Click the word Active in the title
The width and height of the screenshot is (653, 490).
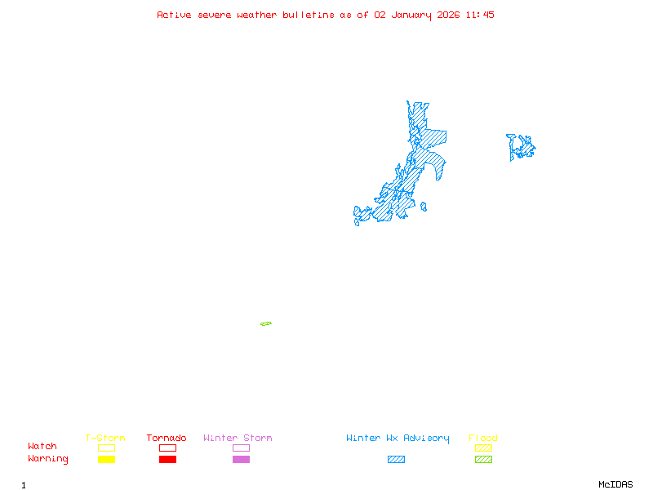[173, 15]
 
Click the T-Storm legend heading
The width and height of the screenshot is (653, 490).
[105, 439]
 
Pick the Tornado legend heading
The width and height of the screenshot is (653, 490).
[167, 439]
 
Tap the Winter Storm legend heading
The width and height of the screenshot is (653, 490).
[238, 439]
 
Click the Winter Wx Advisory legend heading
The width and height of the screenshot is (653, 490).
[398, 439]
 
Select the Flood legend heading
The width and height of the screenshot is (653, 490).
[483, 439]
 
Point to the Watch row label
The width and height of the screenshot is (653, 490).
[42, 447]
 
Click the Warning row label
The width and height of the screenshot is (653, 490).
[48, 459]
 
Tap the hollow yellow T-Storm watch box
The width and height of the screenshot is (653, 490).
[106, 448]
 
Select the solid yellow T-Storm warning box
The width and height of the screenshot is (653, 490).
[106, 460]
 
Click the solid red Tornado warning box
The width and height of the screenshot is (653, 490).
[167, 460]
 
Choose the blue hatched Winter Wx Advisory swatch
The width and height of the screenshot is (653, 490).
[396, 460]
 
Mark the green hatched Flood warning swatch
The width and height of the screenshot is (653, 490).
[483, 460]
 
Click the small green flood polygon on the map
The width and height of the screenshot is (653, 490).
[266, 324]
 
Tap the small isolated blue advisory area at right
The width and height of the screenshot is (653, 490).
[520, 147]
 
